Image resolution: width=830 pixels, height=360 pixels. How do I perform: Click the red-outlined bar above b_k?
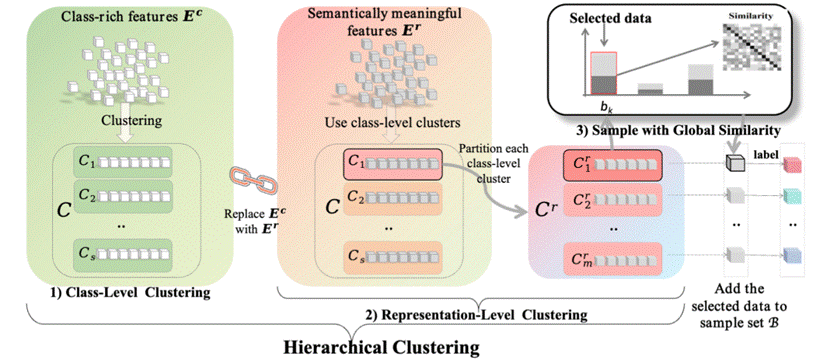pyautogui.click(x=603, y=74)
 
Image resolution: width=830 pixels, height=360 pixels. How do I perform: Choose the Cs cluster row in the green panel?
pyautogui.click(x=124, y=254)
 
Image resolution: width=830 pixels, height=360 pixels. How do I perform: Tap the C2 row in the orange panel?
pyautogui.click(x=392, y=200)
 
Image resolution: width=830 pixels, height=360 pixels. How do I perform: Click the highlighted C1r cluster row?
pyautogui.click(x=612, y=166)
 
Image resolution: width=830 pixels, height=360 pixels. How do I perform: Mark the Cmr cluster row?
pyautogui.click(x=612, y=257)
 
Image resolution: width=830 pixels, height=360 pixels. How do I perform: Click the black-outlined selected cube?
pyautogui.click(x=735, y=165)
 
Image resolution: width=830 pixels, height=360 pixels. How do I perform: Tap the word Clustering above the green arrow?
pyautogui.click(x=130, y=121)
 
